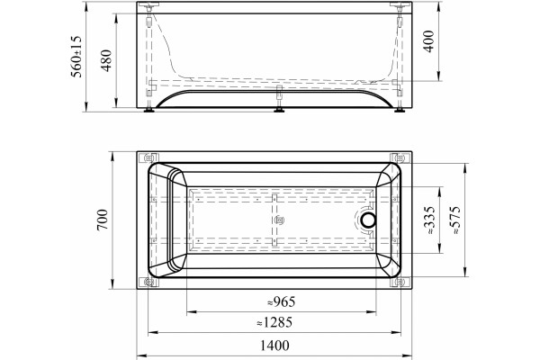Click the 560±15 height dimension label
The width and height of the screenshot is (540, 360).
pyautogui.click(x=76, y=56)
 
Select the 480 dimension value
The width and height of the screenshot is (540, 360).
pyautogui.click(x=107, y=60)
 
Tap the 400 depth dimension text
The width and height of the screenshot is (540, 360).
pyautogui.click(x=428, y=41)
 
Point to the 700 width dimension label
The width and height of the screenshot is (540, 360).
pyautogui.click(x=103, y=220)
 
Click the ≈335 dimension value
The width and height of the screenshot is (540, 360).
pyautogui.click(x=430, y=220)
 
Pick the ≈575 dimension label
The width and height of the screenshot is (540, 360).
pyautogui.click(x=455, y=220)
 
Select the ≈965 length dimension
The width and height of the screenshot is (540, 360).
pyautogui.click(x=282, y=301)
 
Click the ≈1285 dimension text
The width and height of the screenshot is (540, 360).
pyautogui.click(x=274, y=322)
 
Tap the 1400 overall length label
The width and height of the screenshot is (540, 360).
pyautogui.click(x=274, y=346)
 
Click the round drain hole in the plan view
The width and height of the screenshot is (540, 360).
pyautogui.click(x=368, y=220)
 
